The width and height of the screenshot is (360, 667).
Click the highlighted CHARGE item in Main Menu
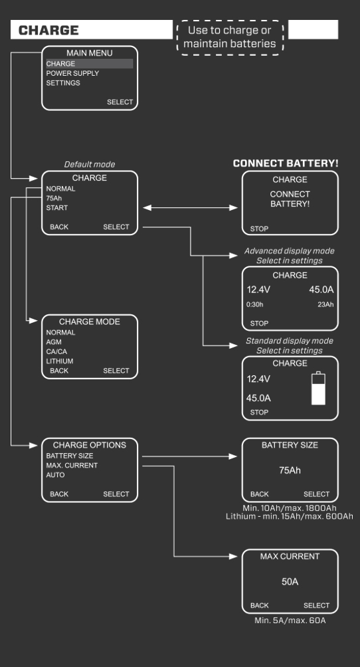coord(60,64)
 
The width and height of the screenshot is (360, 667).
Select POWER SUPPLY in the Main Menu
coord(72,74)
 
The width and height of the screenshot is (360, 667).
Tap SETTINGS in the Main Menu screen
coord(63,83)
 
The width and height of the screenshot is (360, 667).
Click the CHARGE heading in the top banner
coord(49,30)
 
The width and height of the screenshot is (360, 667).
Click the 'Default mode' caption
coord(90,164)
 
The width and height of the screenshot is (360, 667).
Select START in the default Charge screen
coord(57,208)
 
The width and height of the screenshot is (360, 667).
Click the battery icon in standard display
coord(319,389)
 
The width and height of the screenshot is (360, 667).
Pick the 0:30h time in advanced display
coord(255,305)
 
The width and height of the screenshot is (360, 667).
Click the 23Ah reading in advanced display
coord(325,305)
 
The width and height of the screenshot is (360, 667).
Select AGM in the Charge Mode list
coord(54,341)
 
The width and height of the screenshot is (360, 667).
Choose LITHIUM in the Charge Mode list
coord(60,361)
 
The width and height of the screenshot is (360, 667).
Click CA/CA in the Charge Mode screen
coord(58,351)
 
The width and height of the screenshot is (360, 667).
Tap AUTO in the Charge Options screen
coord(56,475)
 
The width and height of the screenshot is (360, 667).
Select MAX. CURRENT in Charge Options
coord(72,466)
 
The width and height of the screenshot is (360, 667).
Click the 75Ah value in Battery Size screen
coord(290,470)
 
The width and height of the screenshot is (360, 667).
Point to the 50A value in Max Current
coord(290,581)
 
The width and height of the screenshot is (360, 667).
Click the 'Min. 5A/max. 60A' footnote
coord(290,620)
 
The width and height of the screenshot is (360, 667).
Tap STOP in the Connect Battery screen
coord(260,229)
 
